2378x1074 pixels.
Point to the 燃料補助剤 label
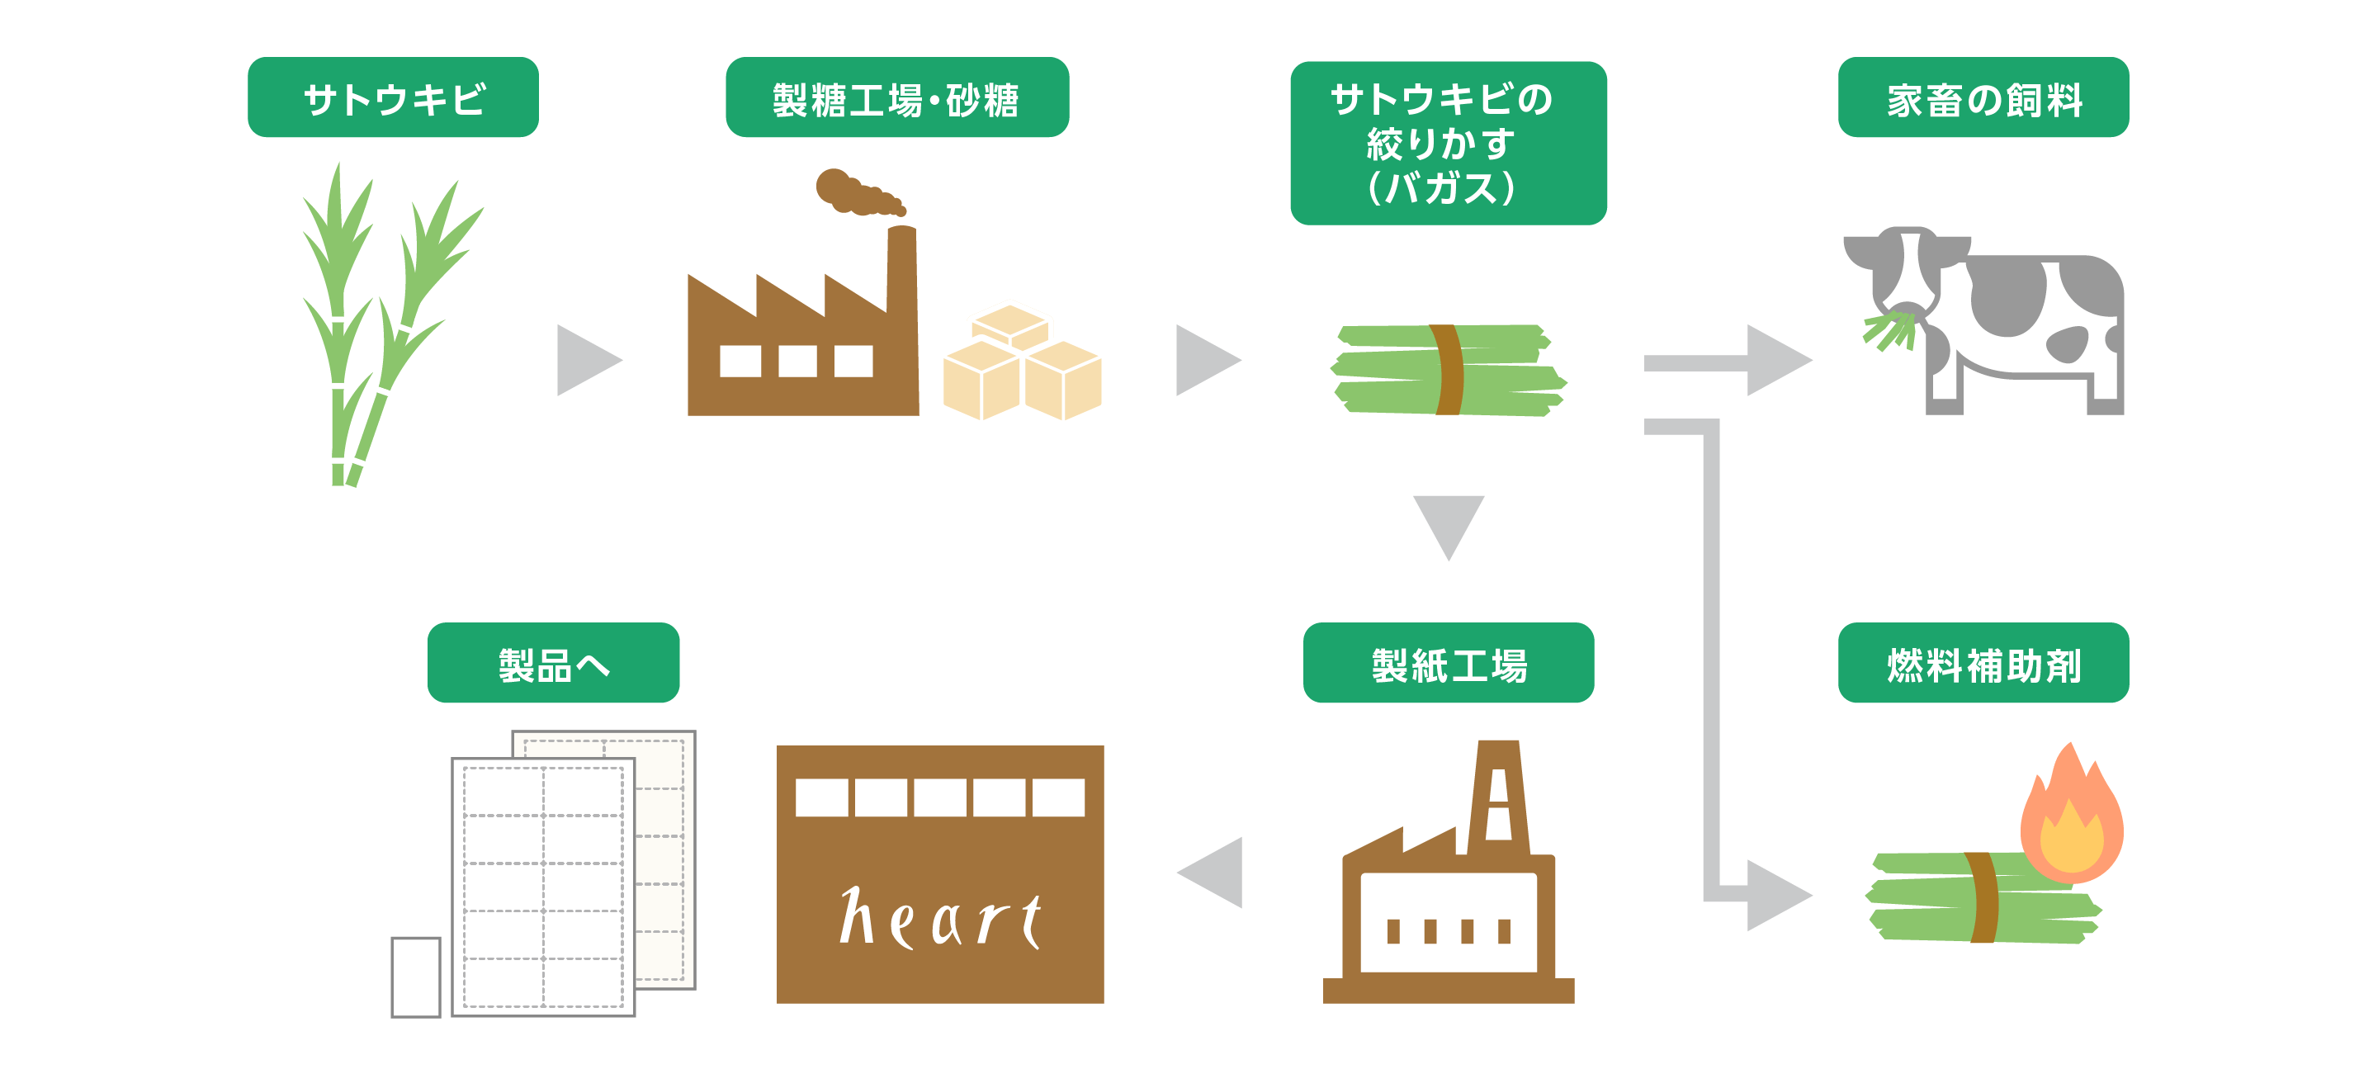(x=1983, y=663)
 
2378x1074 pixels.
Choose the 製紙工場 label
(x=1448, y=663)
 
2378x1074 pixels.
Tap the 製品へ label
(x=553, y=663)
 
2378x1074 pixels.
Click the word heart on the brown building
(x=940, y=918)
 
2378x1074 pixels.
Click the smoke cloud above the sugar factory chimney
(x=854, y=192)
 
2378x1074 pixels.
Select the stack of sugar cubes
(x=1022, y=365)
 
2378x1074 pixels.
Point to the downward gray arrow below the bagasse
(x=1448, y=524)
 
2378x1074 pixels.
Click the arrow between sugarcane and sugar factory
(x=587, y=360)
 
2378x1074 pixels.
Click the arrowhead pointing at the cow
(x=1776, y=360)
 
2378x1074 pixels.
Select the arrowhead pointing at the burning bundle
(x=1776, y=895)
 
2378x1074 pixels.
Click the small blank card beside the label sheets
(x=415, y=977)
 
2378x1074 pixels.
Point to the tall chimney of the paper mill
(x=1497, y=794)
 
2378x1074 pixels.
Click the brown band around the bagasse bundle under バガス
(x=1447, y=369)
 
